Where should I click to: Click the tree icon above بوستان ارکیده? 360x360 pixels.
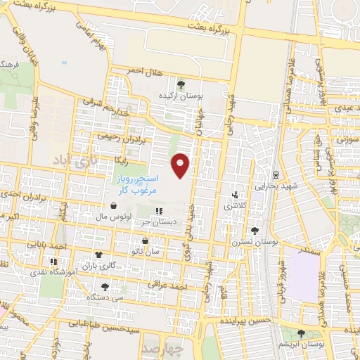pyautogui.click(x=181, y=84)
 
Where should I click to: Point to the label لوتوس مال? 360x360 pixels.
pyautogui.click(x=113, y=217)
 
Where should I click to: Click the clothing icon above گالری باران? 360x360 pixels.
pyautogui.click(x=98, y=256)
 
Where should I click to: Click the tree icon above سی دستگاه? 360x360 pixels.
pyautogui.click(x=105, y=286)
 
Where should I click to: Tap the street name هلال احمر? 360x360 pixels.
pyautogui.click(x=144, y=70)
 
